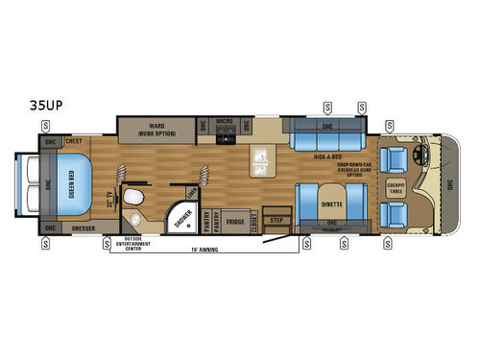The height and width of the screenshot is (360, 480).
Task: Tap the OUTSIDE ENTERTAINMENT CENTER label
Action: [x=140, y=242]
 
